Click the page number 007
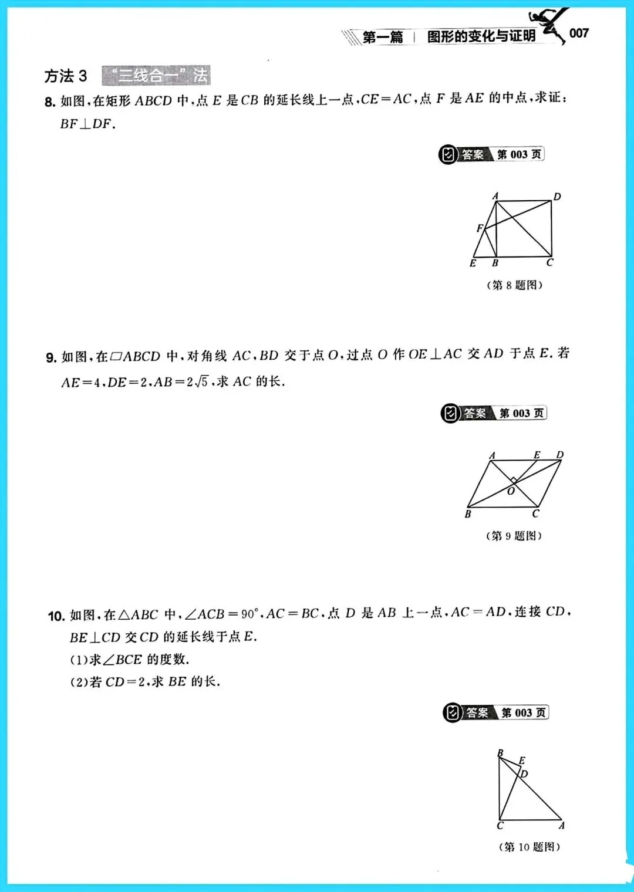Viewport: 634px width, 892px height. [x=579, y=33]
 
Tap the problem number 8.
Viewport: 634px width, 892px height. [x=50, y=102]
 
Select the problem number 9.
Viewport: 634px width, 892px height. [x=51, y=357]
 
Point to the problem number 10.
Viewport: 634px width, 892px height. [x=56, y=616]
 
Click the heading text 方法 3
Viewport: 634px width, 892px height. [x=66, y=76]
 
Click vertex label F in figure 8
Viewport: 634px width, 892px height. [x=480, y=229]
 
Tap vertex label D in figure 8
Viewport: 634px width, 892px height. [x=557, y=197]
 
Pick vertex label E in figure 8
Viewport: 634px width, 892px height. [x=473, y=263]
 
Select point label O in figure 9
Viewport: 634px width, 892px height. [x=511, y=491]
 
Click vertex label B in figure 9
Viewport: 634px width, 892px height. [x=468, y=514]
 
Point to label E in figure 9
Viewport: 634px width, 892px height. [x=537, y=455]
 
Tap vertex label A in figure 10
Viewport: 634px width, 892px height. [x=562, y=826]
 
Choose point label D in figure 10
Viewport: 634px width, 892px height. [x=524, y=774]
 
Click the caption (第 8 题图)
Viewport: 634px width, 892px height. [x=515, y=285]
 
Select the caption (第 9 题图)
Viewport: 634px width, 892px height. [x=514, y=536]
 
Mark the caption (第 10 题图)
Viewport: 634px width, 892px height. [x=530, y=847]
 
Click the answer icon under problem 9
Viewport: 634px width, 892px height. [x=450, y=414]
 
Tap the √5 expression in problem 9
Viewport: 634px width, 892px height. [x=201, y=382]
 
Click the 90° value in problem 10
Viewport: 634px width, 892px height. [x=249, y=614]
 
